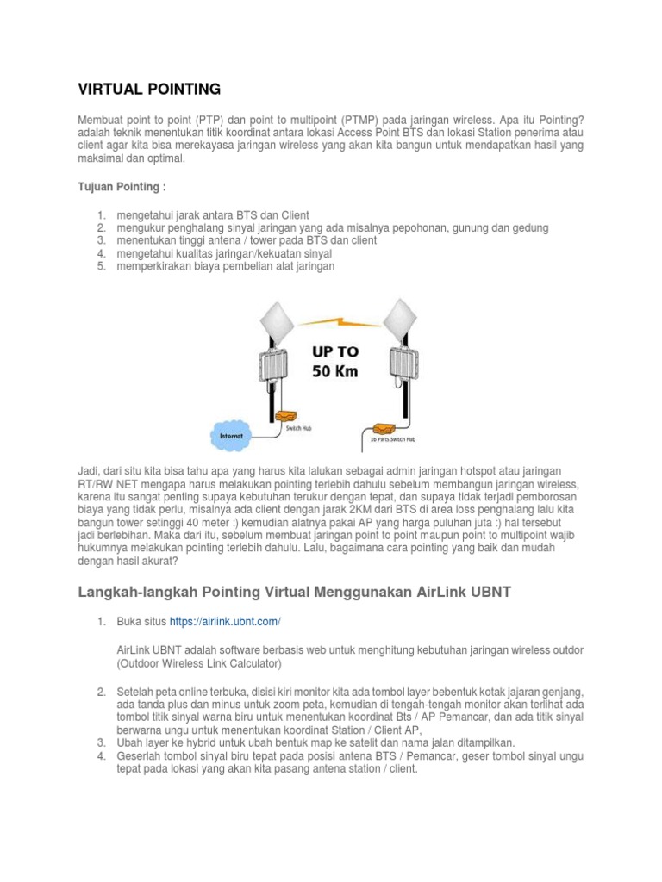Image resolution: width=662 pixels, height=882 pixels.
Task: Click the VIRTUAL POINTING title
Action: (149, 89)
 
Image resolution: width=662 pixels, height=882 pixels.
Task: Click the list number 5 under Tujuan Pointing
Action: (101, 267)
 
